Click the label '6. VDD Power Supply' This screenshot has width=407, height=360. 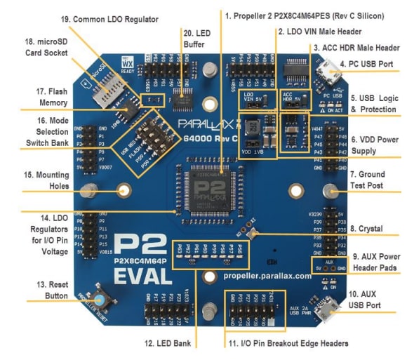click(375, 144)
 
